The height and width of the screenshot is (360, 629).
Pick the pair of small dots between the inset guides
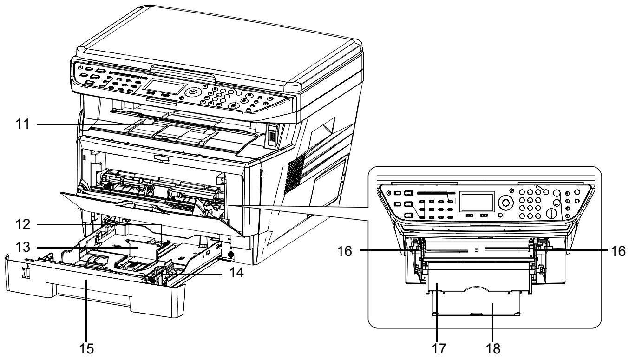click(x=476, y=249)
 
